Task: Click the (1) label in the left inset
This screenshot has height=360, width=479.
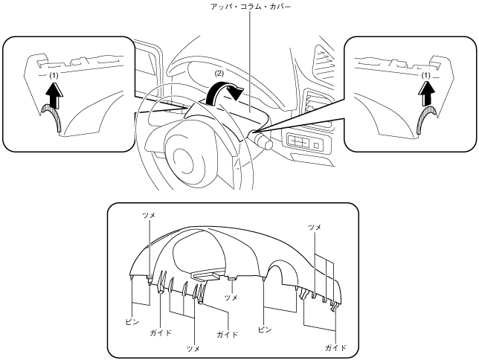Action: (53, 77)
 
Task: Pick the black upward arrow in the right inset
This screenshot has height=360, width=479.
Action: (426, 95)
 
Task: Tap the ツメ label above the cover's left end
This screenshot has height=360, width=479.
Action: (149, 213)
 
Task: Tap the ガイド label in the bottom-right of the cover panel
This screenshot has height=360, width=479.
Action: (336, 347)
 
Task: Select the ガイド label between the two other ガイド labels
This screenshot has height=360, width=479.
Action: (227, 335)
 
